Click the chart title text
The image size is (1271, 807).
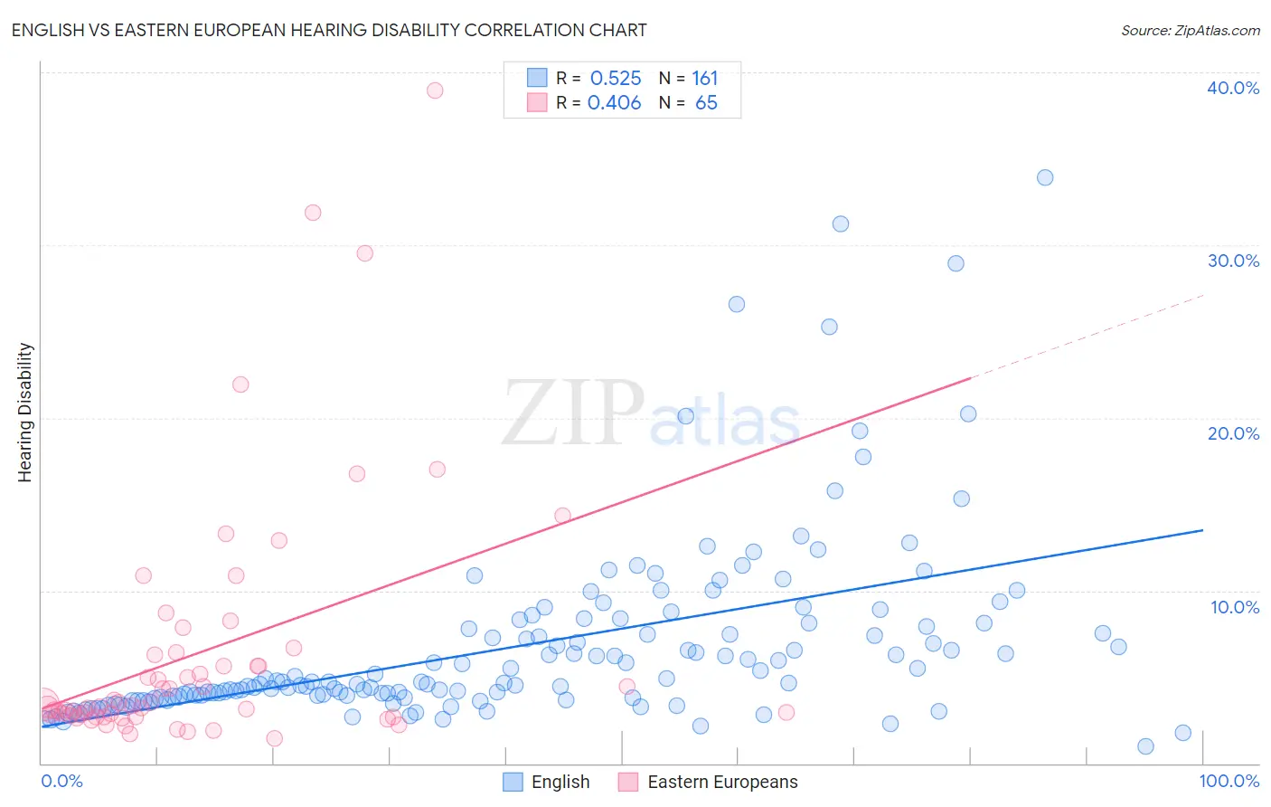(x=329, y=30)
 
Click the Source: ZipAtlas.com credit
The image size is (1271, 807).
(x=1190, y=30)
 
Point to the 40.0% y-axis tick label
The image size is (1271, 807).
(x=1233, y=88)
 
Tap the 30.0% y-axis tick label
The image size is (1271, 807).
(x=1233, y=261)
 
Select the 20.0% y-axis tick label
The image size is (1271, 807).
(x=1233, y=433)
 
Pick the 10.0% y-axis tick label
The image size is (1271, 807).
(x=1235, y=607)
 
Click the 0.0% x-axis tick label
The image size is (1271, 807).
(x=61, y=781)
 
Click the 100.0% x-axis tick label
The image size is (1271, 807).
(x=1229, y=781)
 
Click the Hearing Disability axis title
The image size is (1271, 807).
(x=24, y=413)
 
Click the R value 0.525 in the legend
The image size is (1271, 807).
(x=615, y=79)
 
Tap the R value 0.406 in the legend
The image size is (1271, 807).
(x=615, y=103)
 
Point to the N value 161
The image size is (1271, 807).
(x=704, y=79)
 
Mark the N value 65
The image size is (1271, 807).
(x=706, y=103)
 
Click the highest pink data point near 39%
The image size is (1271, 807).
(x=435, y=90)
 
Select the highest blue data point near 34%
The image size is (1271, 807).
(x=1045, y=177)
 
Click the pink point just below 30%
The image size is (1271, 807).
(x=365, y=253)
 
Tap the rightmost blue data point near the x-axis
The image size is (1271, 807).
(x=1183, y=733)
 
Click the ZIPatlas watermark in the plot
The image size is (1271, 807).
(x=651, y=414)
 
